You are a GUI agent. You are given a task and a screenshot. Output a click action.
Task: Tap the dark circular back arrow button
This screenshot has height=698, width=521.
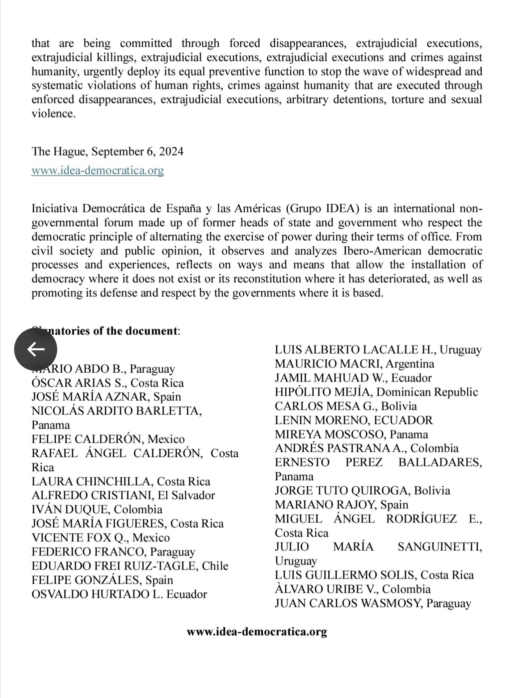[35, 349]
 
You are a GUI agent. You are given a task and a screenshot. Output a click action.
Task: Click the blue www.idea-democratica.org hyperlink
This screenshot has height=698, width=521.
[97, 170]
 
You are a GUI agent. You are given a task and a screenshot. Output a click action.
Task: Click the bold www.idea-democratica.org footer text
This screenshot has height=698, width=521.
[257, 632]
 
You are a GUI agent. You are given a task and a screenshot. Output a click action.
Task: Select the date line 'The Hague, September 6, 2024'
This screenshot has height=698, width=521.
[107, 151]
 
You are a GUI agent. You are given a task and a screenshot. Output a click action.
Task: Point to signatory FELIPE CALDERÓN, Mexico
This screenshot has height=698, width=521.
[108, 439]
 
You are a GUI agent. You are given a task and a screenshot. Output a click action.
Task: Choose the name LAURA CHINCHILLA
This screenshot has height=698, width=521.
[93, 481]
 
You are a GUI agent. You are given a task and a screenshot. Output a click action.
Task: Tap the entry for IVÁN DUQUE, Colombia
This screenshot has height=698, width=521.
[97, 509]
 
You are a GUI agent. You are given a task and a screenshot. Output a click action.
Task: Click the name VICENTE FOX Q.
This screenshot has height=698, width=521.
[80, 538]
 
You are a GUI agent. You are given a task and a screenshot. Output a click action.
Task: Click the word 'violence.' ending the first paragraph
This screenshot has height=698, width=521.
[53, 114]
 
